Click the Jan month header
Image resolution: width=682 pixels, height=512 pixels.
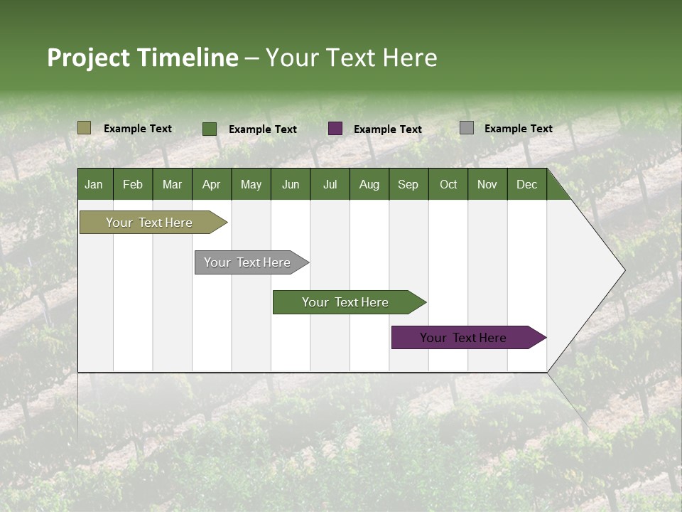(x=94, y=184)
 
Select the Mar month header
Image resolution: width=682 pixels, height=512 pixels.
(x=172, y=184)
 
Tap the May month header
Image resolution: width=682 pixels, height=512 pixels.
(x=251, y=184)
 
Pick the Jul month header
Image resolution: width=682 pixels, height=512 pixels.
(x=330, y=184)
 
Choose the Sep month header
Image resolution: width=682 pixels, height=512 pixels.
(x=408, y=184)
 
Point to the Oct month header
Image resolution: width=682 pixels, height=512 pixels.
(x=448, y=184)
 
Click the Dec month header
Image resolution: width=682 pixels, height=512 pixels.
(x=526, y=184)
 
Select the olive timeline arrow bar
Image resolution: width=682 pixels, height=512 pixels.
(x=150, y=223)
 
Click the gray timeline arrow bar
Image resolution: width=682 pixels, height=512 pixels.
(x=247, y=262)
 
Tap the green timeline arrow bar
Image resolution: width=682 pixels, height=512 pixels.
(x=345, y=302)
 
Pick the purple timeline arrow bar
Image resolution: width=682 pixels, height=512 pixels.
(x=463, y=338)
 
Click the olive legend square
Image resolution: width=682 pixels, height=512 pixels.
(x=84, y=128)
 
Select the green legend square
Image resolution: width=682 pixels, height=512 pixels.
(x=210, y=129)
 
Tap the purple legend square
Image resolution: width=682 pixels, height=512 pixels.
(x=335, y=129)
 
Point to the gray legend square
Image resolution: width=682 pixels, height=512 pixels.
(x=467, y=128)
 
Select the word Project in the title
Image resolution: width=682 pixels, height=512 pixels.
(x=89, y=58)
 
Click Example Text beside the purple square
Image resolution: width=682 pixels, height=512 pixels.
(x=387, y=129)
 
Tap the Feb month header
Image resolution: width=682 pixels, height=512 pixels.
(x=133, y=184)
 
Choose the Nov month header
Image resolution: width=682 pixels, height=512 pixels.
(x=487, y=184)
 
